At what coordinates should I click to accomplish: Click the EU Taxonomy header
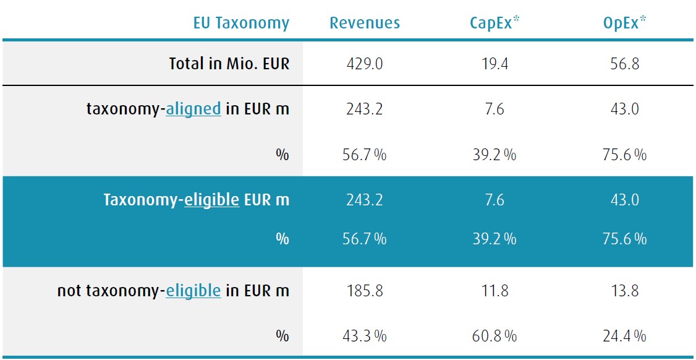coord(241,24)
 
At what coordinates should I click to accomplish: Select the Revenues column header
coord(365,24)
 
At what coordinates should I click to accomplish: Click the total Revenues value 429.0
coord(365,64)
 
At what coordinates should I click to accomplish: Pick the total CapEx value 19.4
coord(494,64)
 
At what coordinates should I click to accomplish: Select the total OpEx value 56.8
coord(624,64)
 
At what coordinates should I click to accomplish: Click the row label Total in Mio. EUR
coord(229,64)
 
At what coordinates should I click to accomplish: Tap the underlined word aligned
coord(193,109)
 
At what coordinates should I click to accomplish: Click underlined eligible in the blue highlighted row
coord(211,200)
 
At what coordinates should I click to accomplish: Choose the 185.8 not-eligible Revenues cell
coord(365,291)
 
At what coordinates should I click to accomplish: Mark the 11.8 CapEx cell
coord(494,291)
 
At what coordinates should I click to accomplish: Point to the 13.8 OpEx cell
coord(624,291)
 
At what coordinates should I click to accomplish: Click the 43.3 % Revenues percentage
coord(365,336)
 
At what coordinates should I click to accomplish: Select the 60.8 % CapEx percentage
coord(494,336)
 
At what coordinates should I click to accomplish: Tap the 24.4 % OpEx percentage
coord(624,336)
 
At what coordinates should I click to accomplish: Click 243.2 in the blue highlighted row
coord(365,200)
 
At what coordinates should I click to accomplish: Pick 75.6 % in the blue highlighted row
coord(624,239)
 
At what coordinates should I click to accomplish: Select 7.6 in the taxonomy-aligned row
coord(494,109)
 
